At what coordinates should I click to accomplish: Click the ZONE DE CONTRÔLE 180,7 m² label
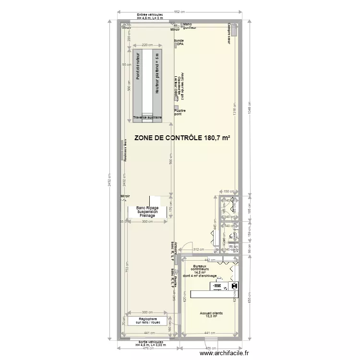coord(182,138)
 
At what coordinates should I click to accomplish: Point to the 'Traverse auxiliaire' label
coord(147,117)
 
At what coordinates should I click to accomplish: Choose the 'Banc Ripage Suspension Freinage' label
coord(147,212)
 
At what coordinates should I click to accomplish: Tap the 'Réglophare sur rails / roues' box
coord(147,321)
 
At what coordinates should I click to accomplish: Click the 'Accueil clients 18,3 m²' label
coord(211,314)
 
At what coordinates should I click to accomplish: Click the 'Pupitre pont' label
coord(180,112)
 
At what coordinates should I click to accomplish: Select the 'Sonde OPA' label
coord(179,43)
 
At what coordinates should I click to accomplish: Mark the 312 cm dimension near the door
coord(198,250)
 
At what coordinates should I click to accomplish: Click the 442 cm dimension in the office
coord(210,260)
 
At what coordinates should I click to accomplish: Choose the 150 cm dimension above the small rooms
coord(228,191)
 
